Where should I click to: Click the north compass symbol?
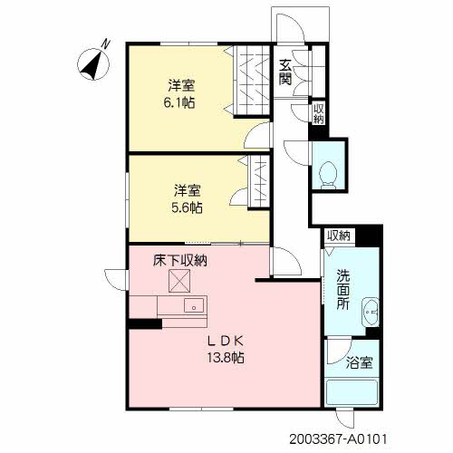(x=93, y=63)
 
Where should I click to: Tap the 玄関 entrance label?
(x=285, y=72)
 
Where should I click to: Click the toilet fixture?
(x=329, y=175)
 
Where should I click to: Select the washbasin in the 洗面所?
(x=371, y=312)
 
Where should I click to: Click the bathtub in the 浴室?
(x=352, y=392)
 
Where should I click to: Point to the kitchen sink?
(x=194, y=305)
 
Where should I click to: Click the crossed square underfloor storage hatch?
(x=179, y=281)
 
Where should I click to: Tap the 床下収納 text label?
(x=180, y=261)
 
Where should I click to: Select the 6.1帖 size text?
(x=179, y=103)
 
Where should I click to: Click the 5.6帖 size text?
(x=187, y=207)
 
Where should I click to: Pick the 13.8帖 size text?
(x=226, y=358)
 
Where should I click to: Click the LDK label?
(x=226, y=342)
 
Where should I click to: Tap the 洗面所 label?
(x=343, y=289)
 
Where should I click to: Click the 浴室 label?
(x=360, y=362)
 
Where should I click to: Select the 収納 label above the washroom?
(x=339, y=236)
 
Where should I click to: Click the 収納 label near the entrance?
(x=318, y=113)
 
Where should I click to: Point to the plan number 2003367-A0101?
(x=338, y=439)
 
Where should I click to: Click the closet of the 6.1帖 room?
(x=252, y=81)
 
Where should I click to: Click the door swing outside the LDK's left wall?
(x=116, y=280)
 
